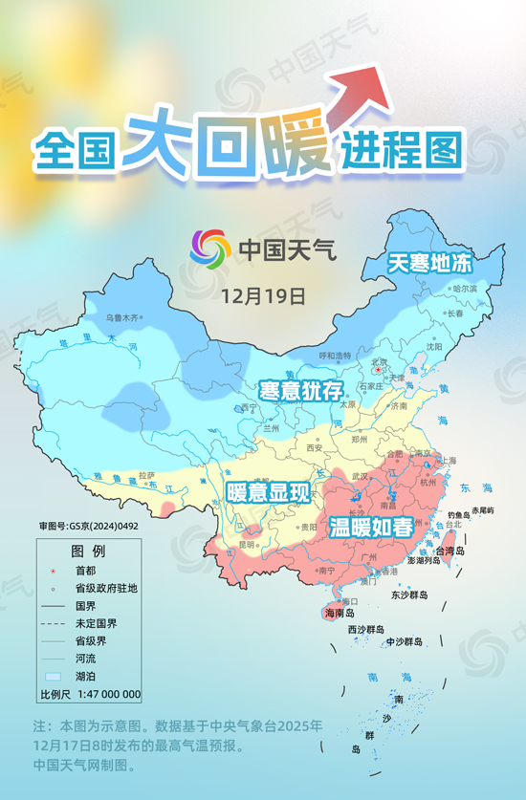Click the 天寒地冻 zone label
tap(429, 262)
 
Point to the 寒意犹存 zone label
tap(301, 390)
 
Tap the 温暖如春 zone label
tap(371, 527)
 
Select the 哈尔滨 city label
tap(464, 288)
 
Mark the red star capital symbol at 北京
tap(378, 370)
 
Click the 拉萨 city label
tap(145, 475)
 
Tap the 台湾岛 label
tap(449, 551)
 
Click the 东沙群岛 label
tap(409, 595)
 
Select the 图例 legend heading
tap(88, 551)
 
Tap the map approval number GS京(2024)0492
tap(89, 526)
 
